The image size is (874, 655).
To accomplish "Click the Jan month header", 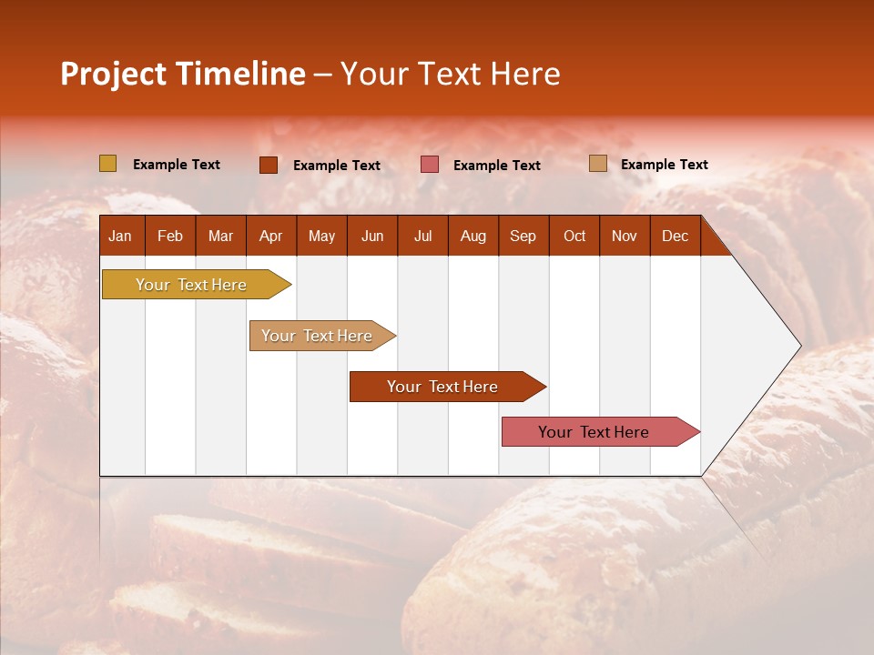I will tap(120, 236).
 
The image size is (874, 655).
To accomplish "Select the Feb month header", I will tap(170, 236).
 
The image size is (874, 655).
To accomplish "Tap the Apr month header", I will tap(270, 236).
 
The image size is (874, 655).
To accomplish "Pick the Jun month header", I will tap(372, 236).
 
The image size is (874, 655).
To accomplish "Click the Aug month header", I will tap(473, 236).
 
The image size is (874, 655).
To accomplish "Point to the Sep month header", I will tap(523, 236).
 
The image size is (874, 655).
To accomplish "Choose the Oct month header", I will tap(574, 236).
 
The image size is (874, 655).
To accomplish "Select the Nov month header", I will tap(625, 236).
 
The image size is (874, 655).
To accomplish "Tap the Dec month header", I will tap(675, 236).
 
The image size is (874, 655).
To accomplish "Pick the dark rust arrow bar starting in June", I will tap(443, 387).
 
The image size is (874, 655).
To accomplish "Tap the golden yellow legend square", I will tap(107, 164).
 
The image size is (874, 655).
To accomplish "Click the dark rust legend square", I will tap(268, 165).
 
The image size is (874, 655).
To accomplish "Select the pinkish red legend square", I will tap(430, 165).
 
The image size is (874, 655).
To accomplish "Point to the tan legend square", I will tap(597, 164).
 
